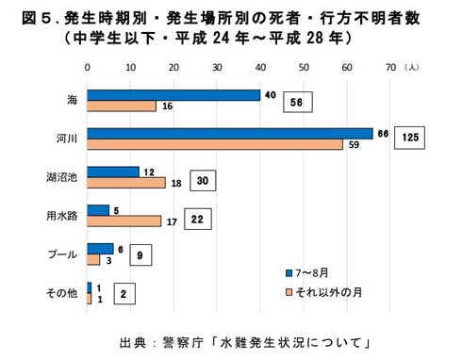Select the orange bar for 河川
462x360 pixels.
215,145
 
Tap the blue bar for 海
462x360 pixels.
173,94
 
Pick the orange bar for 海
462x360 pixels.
122,106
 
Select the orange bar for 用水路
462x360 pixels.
124,221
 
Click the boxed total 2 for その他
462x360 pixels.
123,294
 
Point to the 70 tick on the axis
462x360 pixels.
389,68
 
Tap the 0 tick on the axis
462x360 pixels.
88,68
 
